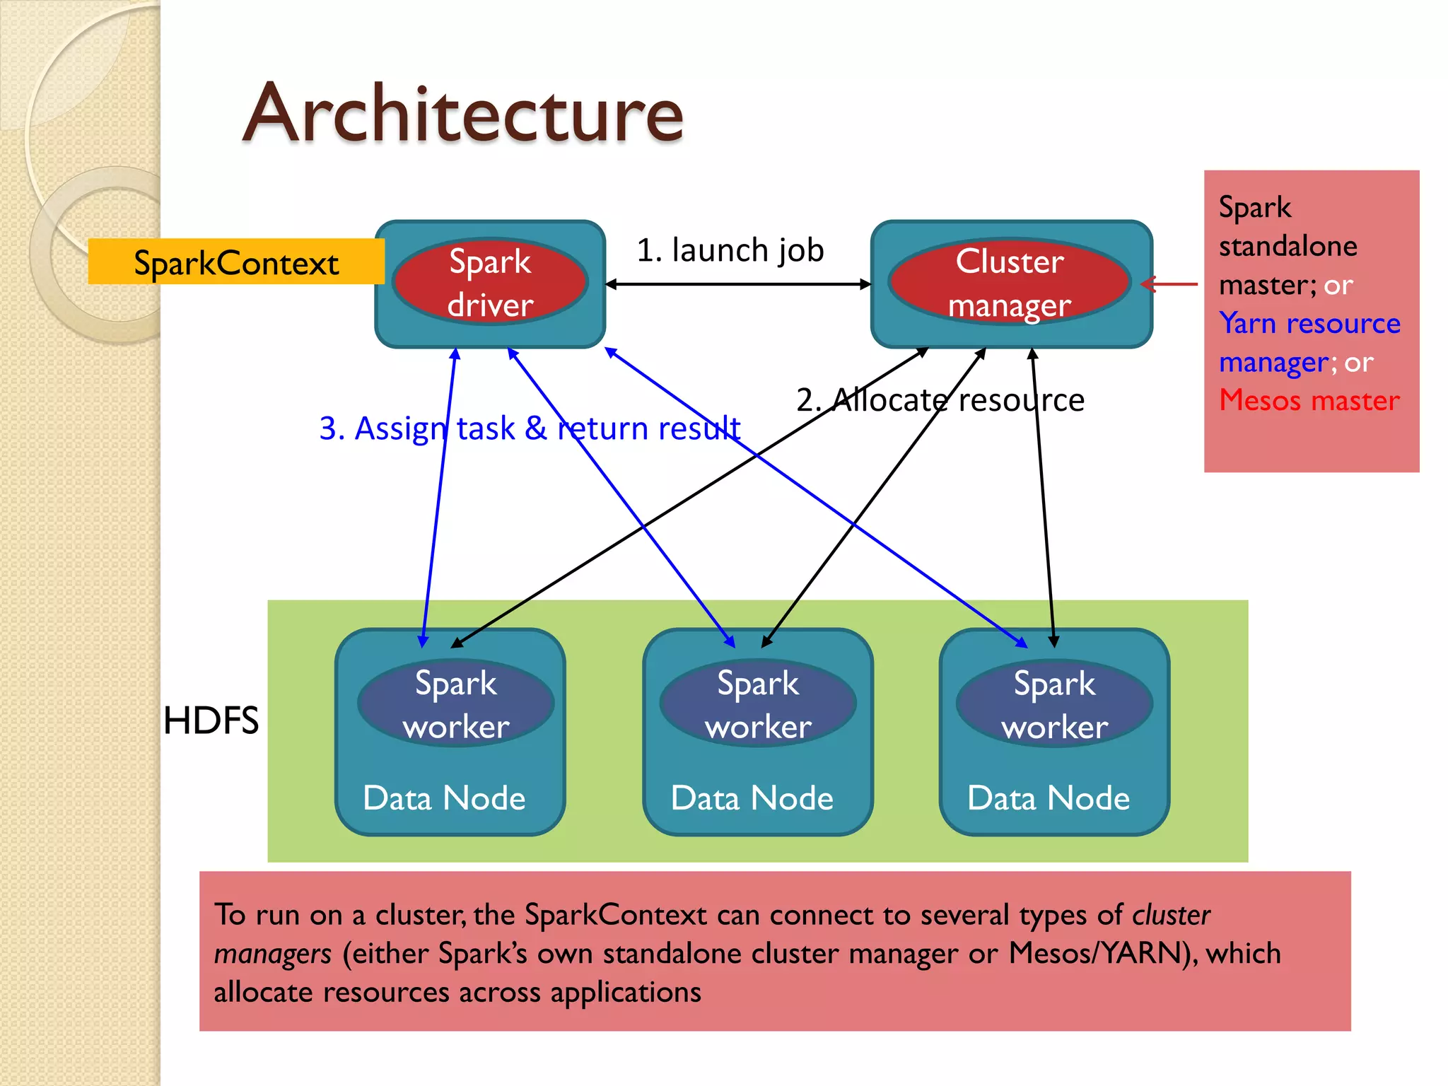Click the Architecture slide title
pos(463,113)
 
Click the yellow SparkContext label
pos(236,262)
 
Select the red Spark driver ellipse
pos(490,282)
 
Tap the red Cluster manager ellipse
pos(1010,282)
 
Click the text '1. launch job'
pos(730,250)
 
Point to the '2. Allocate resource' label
pos(940,400)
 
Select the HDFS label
pos(211,721)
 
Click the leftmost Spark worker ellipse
pos(456,703)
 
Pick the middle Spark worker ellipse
pos(758,703)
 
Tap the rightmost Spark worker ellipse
pos(1054,703)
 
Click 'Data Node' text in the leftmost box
pos(444,798)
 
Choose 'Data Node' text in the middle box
pos(752,798)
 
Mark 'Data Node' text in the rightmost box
pos(1048,798)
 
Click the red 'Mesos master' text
pos(1309,400)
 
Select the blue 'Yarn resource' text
pos(1309,323)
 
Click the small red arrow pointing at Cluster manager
pos(1170,284)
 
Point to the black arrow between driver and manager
pos(738,284)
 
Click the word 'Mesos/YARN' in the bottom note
pos(1095,953)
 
